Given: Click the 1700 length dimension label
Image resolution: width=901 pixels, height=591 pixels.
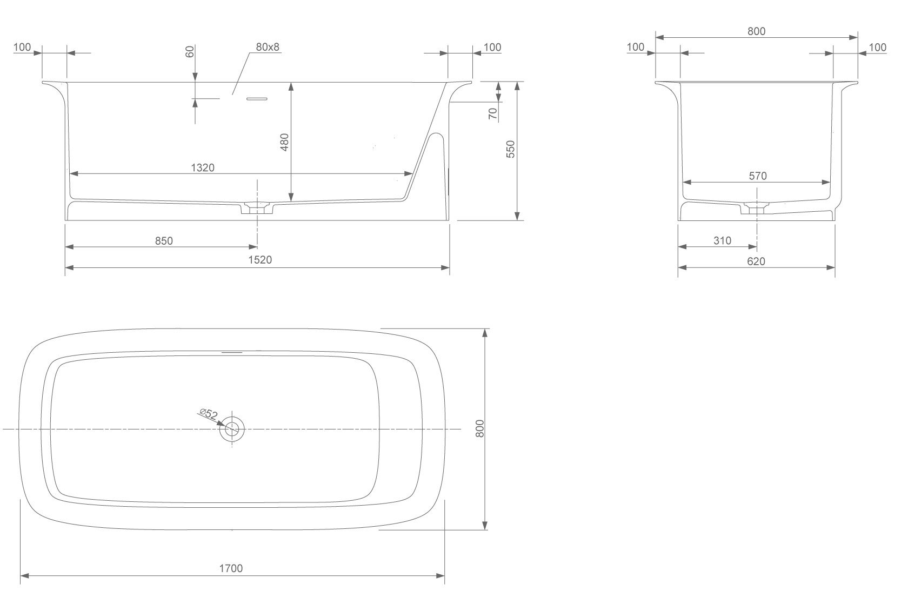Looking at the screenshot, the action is click(231, 568).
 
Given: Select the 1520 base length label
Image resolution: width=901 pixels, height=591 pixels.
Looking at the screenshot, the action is click(260, 260).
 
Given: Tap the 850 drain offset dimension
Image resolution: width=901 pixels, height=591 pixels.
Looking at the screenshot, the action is click(164, 241).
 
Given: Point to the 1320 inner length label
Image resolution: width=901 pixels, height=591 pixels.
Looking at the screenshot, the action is click(202, 167).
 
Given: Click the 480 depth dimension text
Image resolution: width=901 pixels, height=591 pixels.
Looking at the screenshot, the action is click(284, 142).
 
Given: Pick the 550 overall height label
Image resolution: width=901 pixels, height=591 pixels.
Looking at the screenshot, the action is click(510, 149).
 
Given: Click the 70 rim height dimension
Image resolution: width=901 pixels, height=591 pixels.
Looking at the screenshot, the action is click(493, 114).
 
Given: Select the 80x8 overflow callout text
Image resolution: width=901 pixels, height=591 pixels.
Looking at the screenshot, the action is click(268, 47).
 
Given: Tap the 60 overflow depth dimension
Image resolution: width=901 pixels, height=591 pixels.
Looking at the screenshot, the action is click(190, 51).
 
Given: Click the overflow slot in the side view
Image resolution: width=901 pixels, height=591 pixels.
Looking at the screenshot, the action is click(257, 98).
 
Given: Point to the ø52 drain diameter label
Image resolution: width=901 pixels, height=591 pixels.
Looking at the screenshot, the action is click(209, 414).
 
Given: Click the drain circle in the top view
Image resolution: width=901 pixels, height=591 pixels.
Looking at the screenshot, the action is click(232, 429).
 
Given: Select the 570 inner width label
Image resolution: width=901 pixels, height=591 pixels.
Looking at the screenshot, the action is click(758, 176).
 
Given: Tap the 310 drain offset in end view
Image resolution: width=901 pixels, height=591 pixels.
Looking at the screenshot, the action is click(723, 240).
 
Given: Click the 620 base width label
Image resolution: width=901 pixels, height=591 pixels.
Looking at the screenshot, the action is click(756, 261).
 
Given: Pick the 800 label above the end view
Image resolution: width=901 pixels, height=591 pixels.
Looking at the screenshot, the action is click(756, 31).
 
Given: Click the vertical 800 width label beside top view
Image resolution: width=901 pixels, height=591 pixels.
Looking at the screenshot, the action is click(480, 428).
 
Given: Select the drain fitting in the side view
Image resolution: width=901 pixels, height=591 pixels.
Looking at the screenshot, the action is click(257, 208).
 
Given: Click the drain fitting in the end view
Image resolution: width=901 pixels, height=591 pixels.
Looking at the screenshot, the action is click(756, 208).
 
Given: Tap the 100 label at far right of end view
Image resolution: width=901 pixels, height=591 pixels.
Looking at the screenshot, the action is click(877, 48).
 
